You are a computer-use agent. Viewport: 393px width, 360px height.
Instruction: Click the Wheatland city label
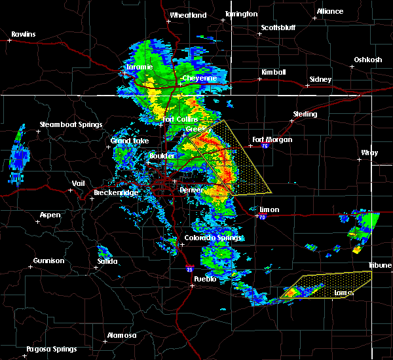pyautogui.click(x=188, y=15)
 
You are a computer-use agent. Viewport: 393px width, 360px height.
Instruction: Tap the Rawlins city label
pyautogui.click(x=23, y=34)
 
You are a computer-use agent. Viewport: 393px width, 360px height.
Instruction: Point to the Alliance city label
pyautogui.click(x=329, y=12)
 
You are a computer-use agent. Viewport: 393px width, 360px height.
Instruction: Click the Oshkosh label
pyautogui.click(x=367, y=60)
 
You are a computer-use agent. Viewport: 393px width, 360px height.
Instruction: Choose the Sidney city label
pyautogui.click(x=320, y=79)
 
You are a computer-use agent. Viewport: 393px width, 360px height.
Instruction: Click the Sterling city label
pyautogui.click(x=305, y=114)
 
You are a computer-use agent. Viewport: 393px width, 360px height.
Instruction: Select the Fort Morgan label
pyautogui.click(x=272, y=139)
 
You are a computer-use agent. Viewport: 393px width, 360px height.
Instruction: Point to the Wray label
pyautogui.click(x=369, y=153)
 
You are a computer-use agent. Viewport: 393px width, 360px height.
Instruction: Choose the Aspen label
pyautogui.click(x=50, y=215)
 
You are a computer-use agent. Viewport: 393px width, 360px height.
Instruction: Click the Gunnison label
pyautogui.click(x=49, y=261)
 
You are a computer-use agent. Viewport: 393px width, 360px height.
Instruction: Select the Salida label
pyautogui.click(x=107, y=261)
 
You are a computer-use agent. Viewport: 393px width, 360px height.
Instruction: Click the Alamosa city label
pyautogui.click(x=122, y=335)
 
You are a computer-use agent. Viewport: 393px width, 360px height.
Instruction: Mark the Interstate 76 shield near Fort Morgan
pyautogui.click(x=265, y=147)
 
